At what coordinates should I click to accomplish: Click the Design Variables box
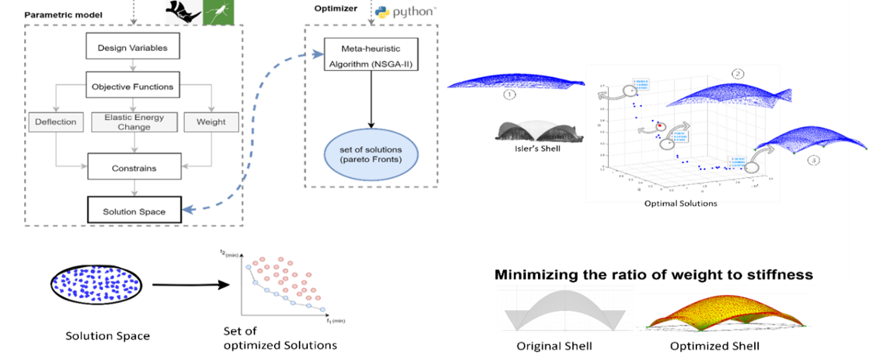[x=133, y=49]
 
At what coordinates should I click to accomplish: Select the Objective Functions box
[x=133, y=86]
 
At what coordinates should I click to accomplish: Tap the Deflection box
[x=56, y=121]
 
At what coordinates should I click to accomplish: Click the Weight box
[x=210, y=121]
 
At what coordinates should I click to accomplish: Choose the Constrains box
[x=133, y=168]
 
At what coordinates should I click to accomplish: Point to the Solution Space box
[x=133, y=210]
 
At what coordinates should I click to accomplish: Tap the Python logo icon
[x=383, y=12]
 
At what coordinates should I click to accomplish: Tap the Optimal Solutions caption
[x=681, y=203]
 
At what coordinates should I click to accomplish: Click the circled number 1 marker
[x=510, y=93]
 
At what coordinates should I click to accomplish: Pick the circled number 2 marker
[x=737, y=73]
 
